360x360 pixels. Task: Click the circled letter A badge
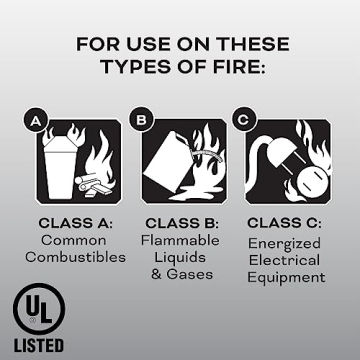click(35, 121)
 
